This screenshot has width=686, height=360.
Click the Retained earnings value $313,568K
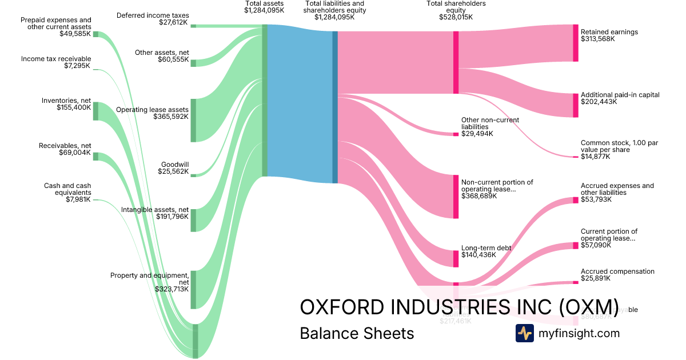point(597,39)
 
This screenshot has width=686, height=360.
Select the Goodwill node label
point(175,165)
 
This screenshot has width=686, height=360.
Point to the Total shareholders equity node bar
point(456,62)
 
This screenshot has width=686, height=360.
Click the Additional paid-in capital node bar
point(576,105)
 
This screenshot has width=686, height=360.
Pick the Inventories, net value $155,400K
point(74,107)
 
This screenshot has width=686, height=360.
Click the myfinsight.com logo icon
point(524,333)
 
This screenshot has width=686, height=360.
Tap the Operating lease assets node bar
point(193,120)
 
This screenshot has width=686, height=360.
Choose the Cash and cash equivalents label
point(67,189)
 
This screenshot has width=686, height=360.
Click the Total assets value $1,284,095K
point(264,11)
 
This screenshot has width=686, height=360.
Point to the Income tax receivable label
point(56,59)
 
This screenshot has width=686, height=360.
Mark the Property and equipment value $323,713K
point(171,289)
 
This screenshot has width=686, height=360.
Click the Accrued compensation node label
point(617,271)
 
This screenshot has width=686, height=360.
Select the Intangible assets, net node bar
point(193,220)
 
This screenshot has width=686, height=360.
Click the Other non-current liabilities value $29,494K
point(477,134)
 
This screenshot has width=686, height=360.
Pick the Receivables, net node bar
point(95,157)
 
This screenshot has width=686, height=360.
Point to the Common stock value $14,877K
point(595,157)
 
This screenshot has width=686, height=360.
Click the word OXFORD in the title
point(342,307)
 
